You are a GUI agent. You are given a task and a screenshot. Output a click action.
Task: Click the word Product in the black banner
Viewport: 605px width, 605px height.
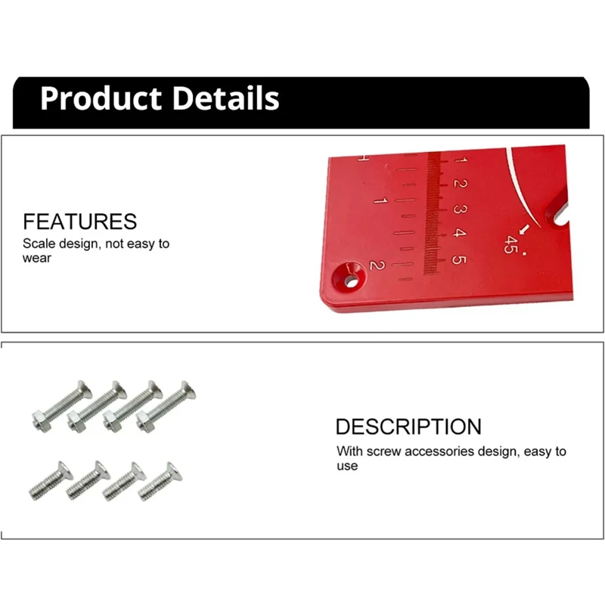coord(101,99)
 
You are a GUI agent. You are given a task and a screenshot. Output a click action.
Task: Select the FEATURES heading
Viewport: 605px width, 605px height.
coord(80,222)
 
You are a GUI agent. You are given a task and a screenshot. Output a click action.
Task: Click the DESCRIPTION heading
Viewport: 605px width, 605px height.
coord(408,427)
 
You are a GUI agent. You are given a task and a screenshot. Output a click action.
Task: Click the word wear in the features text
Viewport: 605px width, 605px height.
coord(37,258)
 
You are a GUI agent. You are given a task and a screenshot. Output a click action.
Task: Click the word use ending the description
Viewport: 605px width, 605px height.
coord(348,466)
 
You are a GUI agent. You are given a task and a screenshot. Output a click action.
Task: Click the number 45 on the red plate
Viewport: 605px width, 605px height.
coord(511,245)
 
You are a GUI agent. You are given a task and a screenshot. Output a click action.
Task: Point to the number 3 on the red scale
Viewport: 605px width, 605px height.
coord(459,209)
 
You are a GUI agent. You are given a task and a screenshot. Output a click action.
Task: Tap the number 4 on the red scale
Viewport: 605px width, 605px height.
coord(459,234)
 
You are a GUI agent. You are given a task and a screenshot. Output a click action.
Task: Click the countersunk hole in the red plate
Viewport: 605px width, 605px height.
coord(350,281)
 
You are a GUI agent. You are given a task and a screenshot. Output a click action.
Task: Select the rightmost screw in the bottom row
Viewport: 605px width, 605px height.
coord(159,478)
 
